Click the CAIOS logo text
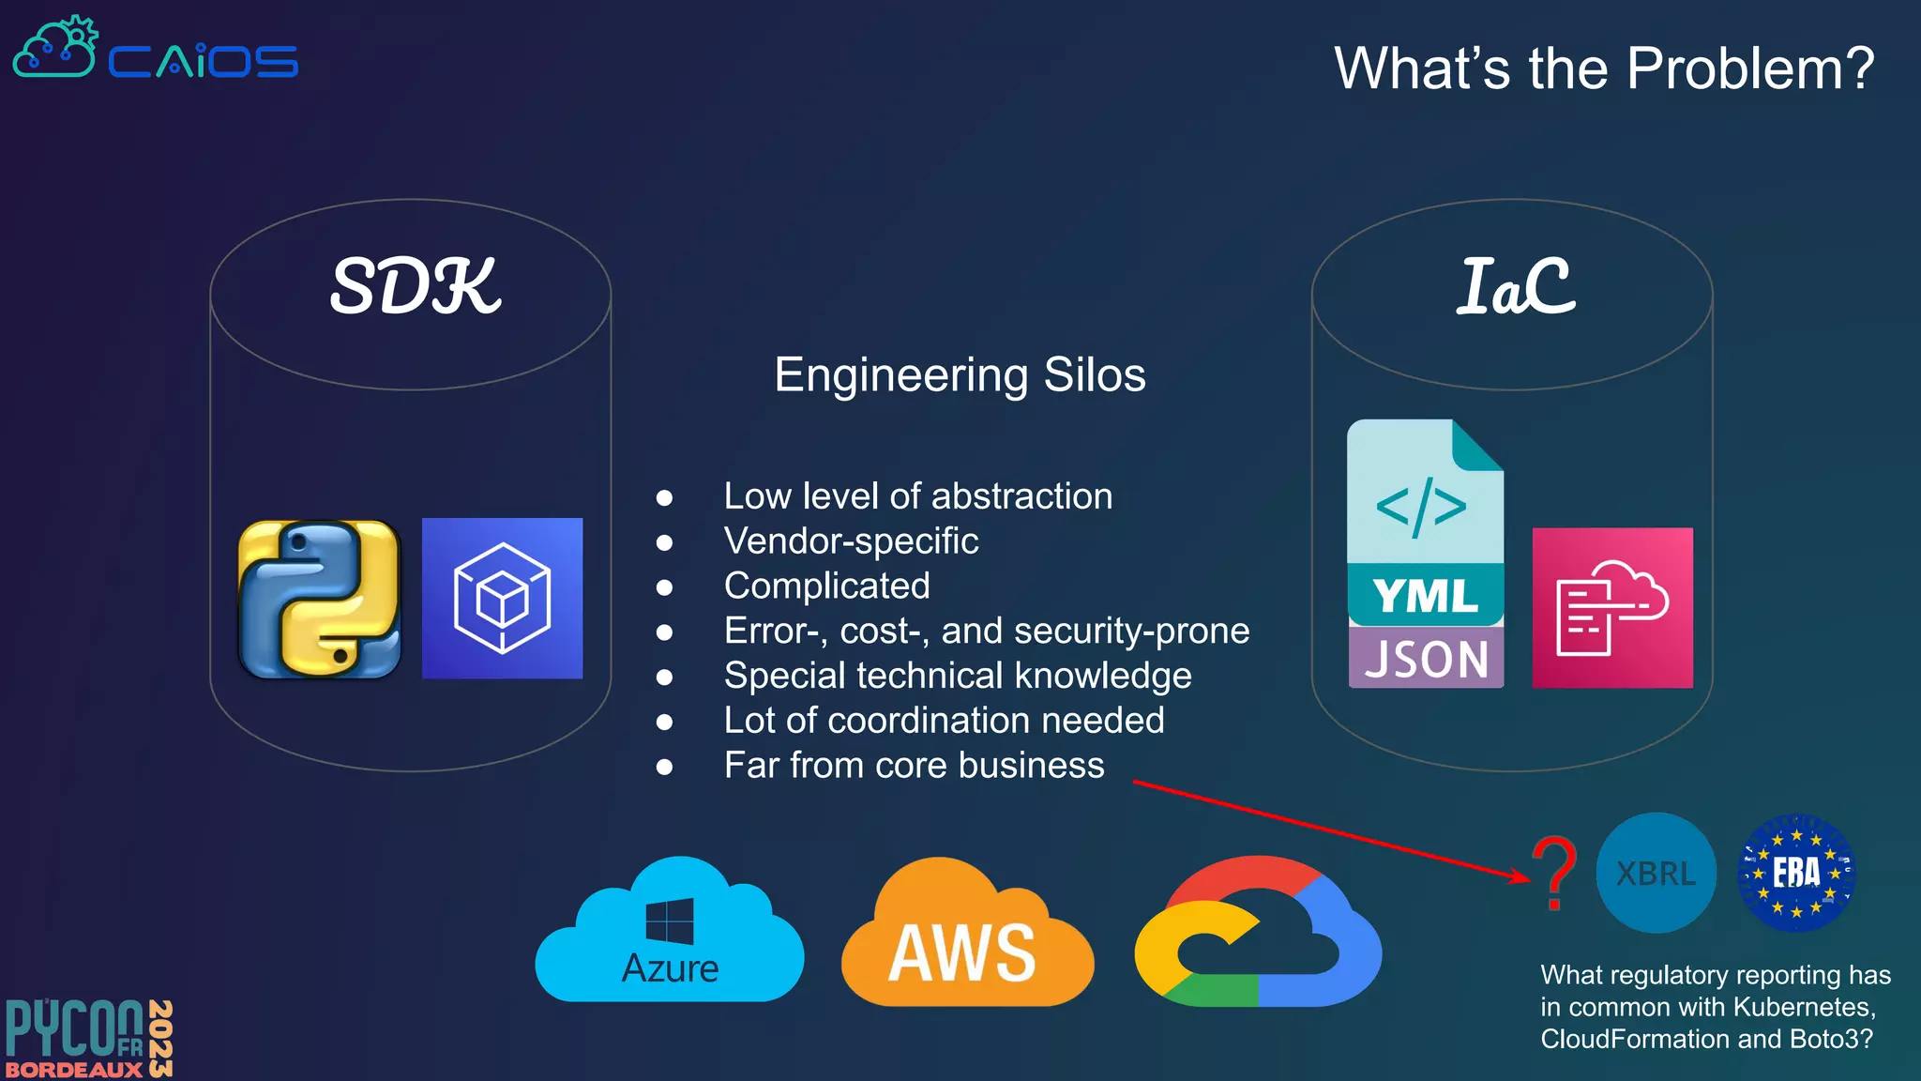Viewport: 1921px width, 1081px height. [x=203, y=62]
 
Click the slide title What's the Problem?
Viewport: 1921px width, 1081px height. [x=1603, y=69]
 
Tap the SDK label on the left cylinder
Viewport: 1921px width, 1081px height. [x=415, y=286]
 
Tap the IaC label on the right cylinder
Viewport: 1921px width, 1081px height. [x=1514, y=286]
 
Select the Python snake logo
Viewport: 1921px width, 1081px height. [x=319, y=599]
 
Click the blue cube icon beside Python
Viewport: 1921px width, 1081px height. [x=502, y=599]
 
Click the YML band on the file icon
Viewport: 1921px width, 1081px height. [x=1425, y=595]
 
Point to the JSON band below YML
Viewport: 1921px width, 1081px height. [x=1426, y=659]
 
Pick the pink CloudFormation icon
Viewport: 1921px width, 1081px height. [x=1611, y=608]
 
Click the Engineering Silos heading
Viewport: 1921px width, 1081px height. [x=960, y=375]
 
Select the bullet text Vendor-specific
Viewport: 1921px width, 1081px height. [x=851, y=541]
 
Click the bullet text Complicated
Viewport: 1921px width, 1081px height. [x=826, y=586]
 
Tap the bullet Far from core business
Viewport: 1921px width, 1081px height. [x=914, y=766]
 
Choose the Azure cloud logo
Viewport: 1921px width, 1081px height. [x=669, y=934]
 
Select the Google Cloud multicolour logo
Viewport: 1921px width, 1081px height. [x=1257, y=934]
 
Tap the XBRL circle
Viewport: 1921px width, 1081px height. [x=1656, y=874]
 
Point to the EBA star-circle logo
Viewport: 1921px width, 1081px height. [x=1795, y=873]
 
